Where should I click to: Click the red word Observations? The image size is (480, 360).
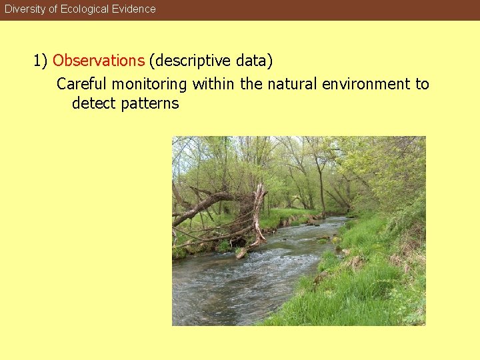click(x=99, y=61)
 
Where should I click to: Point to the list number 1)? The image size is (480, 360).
click(x=41, y=61)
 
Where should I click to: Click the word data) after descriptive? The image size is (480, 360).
click(x=254, y=61)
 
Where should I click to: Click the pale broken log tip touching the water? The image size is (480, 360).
click(x=242, y=253)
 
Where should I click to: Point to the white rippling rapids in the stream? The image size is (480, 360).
click(x=267, y=267)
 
